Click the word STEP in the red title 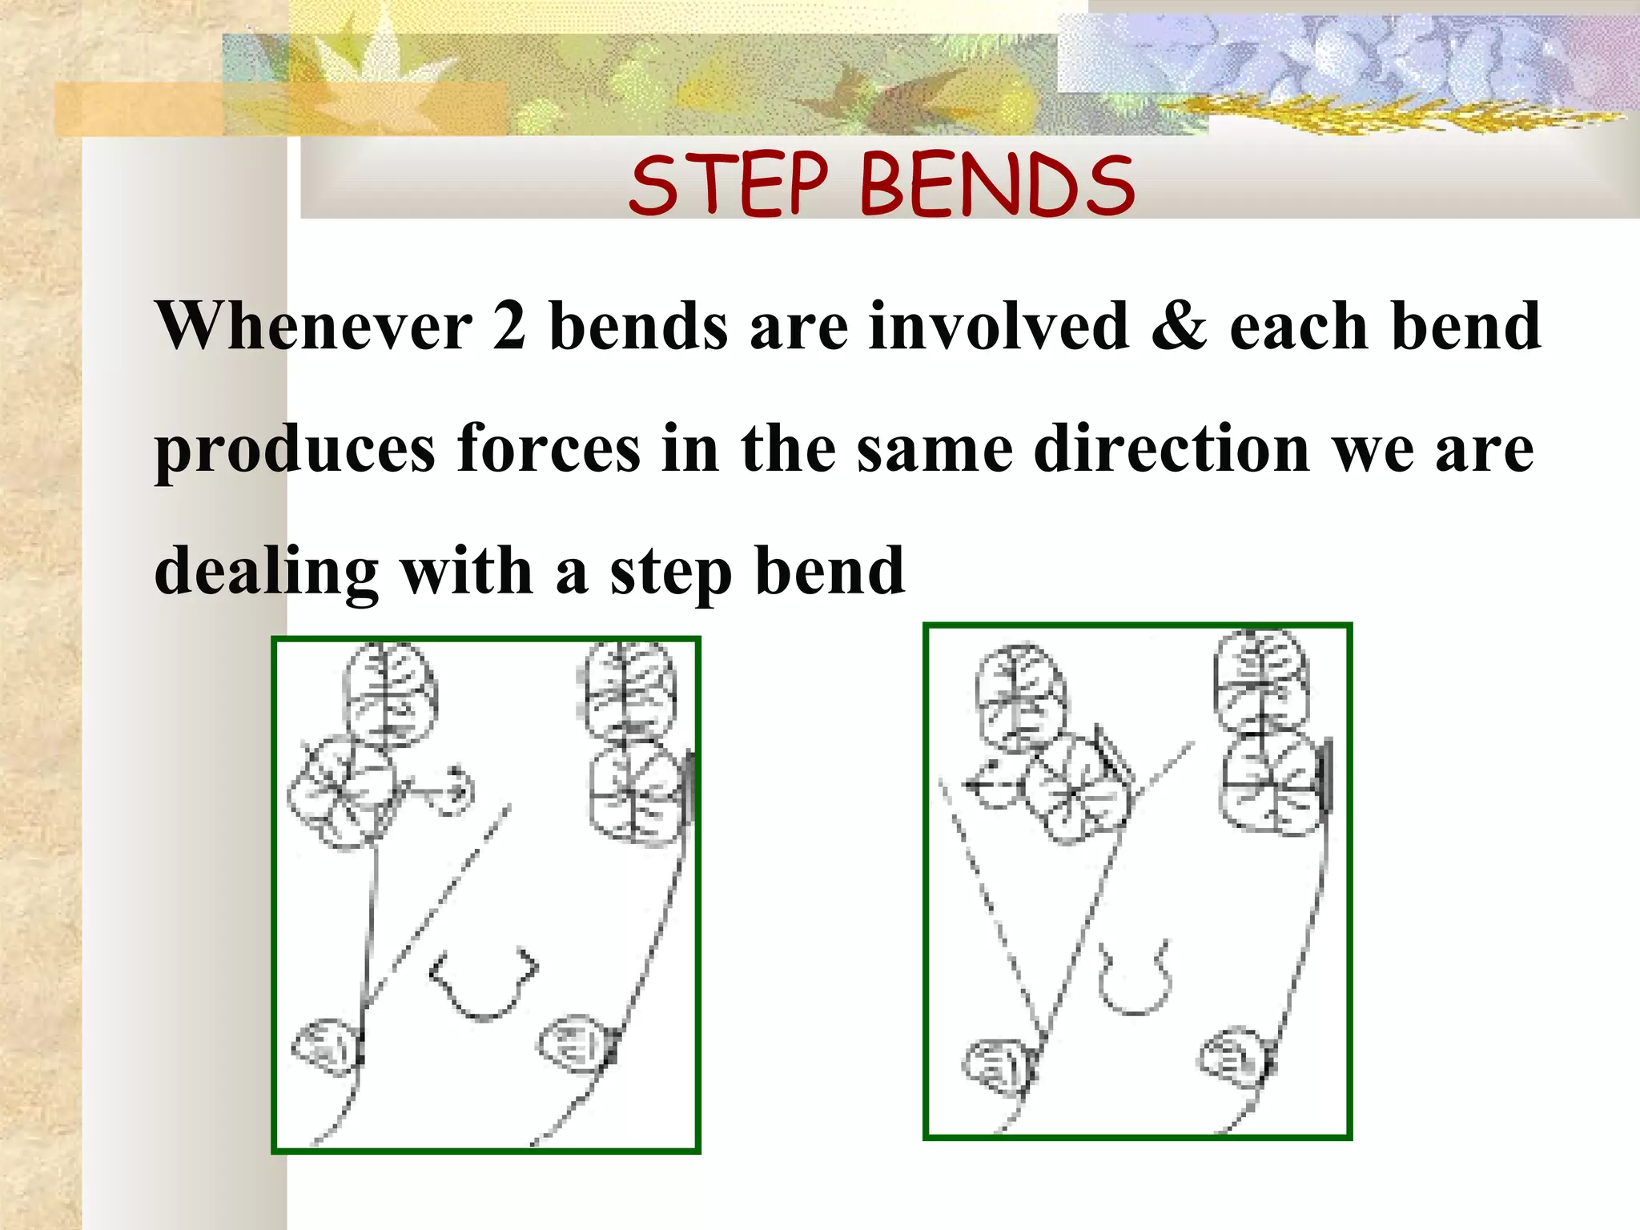(x=727, y=185)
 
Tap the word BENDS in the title (x=997, y=185)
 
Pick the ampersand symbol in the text (x=1179, y=326)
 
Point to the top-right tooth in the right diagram (x=1260, y=677)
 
